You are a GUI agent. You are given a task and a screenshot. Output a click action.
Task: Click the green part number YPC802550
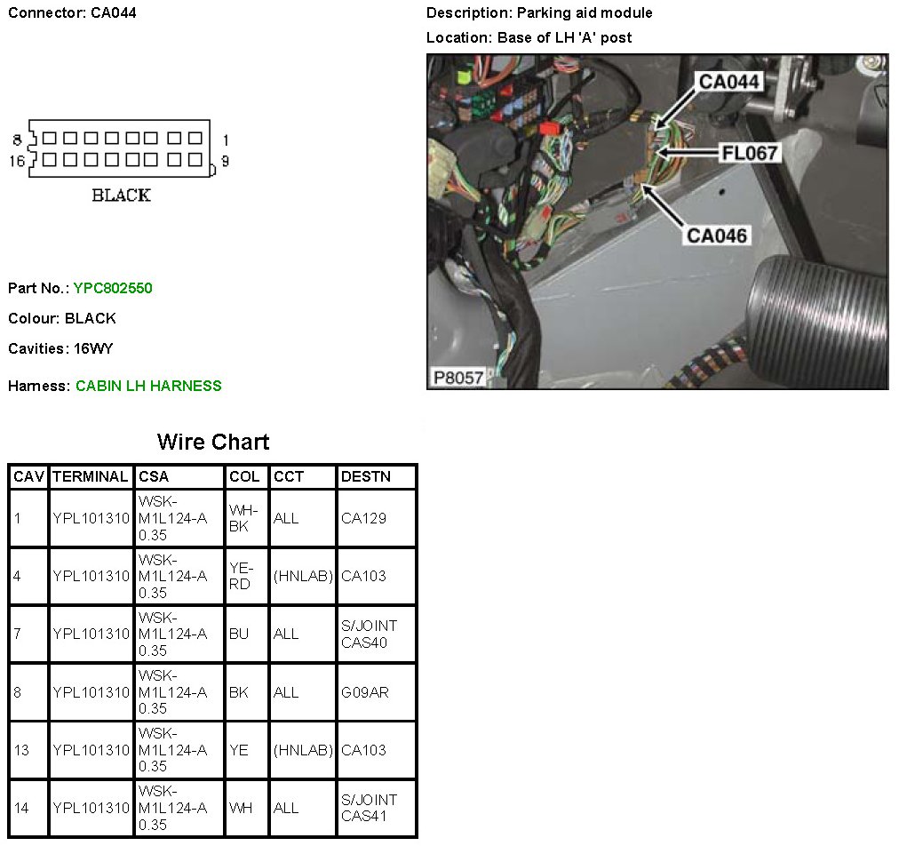[x=113, y=288]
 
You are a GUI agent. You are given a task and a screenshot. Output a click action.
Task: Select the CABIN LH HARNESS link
[x=148, y=386]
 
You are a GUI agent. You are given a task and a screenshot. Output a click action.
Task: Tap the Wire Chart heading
[x=213, y=442]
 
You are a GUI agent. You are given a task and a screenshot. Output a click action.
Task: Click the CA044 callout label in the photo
[x=728, y=82]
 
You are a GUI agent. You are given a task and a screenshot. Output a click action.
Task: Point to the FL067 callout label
[x=750, y=153]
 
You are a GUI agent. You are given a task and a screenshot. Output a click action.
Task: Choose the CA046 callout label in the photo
[x=716, y=235]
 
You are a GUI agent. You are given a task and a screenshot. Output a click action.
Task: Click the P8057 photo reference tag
[x=458, y=378]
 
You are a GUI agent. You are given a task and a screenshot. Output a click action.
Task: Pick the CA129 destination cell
[x=363, y=518]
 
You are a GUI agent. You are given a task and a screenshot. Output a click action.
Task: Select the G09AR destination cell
[x=364, y=691]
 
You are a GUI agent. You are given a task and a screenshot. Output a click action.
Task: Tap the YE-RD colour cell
[x=241, y=576]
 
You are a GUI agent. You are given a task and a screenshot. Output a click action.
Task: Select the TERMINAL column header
[x=90, y=476]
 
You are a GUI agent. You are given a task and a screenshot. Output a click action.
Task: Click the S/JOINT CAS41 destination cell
[x=369, y=808]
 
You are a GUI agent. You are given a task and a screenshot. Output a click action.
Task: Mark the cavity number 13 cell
[x=21, y=750]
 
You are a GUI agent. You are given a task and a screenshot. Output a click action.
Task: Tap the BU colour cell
[x=238, y=634]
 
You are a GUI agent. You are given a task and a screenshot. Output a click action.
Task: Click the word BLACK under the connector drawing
[x=122, y=196]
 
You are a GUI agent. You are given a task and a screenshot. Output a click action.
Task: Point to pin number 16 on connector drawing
[x=17, y=161]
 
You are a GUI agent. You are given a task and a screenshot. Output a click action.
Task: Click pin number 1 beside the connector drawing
[x=226, y=140]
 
